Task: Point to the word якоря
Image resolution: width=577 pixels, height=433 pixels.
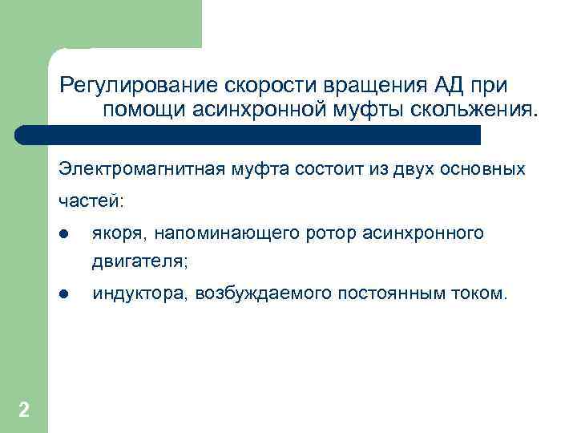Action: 119,233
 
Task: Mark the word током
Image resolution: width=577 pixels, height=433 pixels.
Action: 481,294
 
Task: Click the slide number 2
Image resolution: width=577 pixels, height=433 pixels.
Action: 24,411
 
